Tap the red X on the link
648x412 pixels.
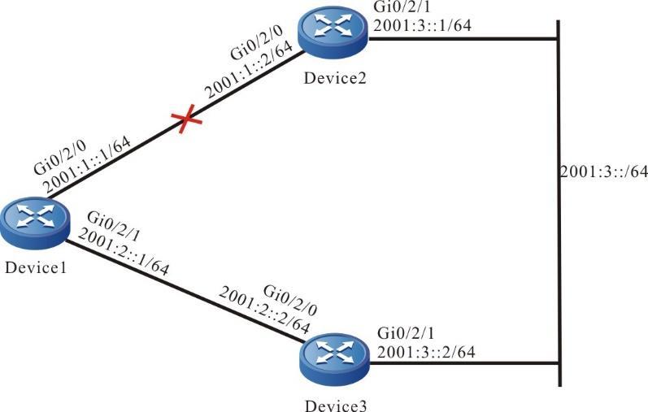(x=188, y=122)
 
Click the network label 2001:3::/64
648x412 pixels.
(x=602, y=171)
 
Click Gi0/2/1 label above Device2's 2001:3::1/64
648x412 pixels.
(x=395, y=7)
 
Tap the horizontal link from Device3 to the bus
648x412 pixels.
(x=463, y=363)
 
